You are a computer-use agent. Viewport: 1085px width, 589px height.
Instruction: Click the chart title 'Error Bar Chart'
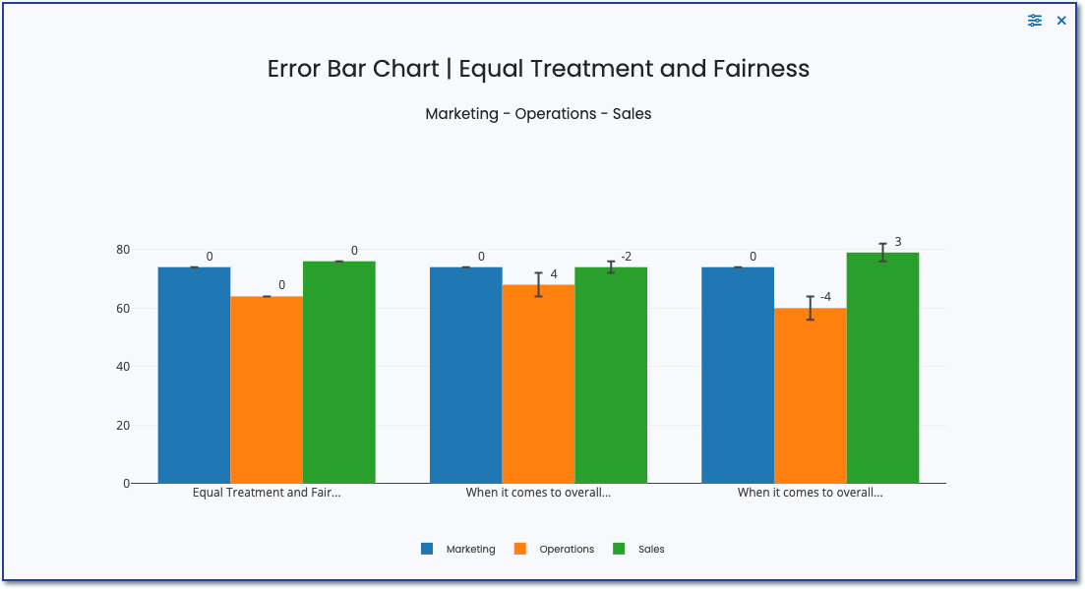coord(538,69)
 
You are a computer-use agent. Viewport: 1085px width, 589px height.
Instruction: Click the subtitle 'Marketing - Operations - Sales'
coord(538,113)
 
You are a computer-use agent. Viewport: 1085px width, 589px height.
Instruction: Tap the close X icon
coord(1061,21)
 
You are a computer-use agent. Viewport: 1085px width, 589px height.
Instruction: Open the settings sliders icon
coord(1035,21)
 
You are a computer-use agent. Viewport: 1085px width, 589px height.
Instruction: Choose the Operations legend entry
coord(554,549)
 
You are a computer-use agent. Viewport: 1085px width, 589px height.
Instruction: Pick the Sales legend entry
coord(638,549)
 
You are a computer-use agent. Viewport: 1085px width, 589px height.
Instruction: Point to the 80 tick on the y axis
coord(123,250)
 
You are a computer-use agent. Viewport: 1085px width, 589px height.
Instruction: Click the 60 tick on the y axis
coord(123,309)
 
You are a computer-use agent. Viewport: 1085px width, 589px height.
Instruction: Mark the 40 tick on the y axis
coord(123,367)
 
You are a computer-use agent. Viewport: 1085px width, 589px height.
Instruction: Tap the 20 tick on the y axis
coord(123,426)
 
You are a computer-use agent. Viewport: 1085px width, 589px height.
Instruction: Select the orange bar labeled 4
coord(538,383)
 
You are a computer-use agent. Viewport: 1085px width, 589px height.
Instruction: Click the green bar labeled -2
coord(611,375)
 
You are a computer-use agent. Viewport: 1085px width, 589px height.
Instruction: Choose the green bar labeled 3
coord(882,368)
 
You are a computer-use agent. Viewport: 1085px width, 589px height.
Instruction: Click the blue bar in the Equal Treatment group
coord(194,375)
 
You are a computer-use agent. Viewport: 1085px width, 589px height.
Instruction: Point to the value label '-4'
coord(825,297)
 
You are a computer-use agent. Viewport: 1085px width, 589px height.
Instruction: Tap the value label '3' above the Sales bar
coord(898,241)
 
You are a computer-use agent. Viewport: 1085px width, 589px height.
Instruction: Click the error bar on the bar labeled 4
coord(538,284)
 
